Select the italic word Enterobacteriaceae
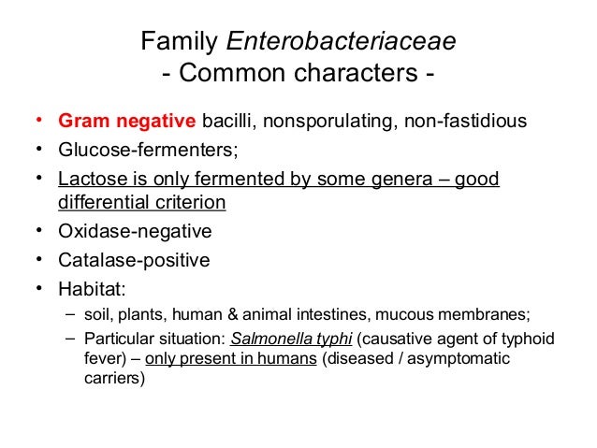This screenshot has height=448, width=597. click(x=342, y=42)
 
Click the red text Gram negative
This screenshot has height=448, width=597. click(x=125, y=121)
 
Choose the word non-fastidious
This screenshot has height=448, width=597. click(x=464, y=121)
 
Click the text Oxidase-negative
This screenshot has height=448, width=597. click(x=135, y=231)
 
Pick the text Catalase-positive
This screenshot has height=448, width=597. click(x=134, y=260)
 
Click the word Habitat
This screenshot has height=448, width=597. click(x=92, y=289)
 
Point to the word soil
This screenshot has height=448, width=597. click(x=98, y=315)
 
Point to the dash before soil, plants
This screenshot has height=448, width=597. click(x=71, y=315)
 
